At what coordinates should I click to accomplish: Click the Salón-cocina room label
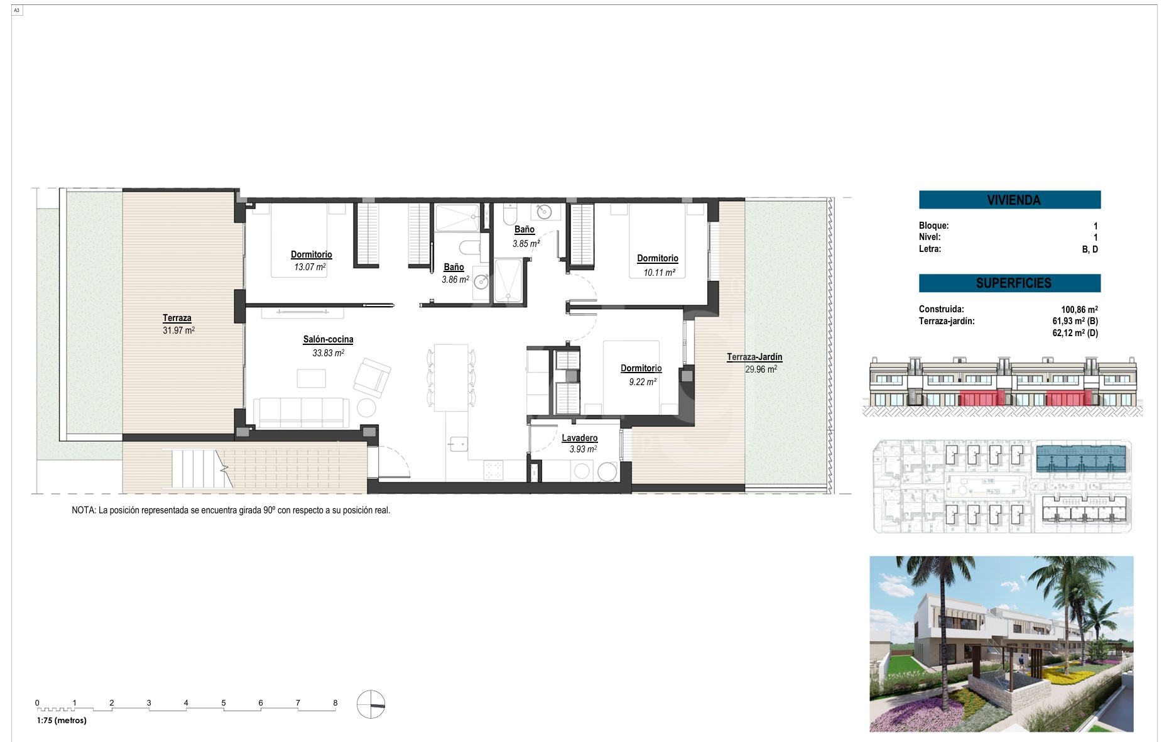pos(328,339)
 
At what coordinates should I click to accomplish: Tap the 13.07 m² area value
pos(310,267)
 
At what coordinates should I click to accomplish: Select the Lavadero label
pos(579,438)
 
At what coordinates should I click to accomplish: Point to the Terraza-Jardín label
pos(754,357)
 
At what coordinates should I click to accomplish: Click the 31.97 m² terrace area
pos(178,330)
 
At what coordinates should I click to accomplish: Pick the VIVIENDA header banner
pos(1009,200)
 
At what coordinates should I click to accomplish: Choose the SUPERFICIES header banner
pos(1009,283)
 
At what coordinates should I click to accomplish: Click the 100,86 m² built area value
pos(1079,309)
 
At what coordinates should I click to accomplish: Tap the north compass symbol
pos(371,704)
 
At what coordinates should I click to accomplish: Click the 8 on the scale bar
pos(335,703)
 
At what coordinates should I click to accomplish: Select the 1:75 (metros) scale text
pos(62,721)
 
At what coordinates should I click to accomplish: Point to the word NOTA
pos(83,510)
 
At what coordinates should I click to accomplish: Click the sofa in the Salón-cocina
pos(302,412)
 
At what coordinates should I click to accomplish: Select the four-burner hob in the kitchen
pos(493,470)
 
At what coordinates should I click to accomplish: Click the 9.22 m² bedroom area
pos(643,381)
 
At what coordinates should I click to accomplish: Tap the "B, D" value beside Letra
pos(1090,249)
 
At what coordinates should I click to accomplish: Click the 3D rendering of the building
pos(1001,644)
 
